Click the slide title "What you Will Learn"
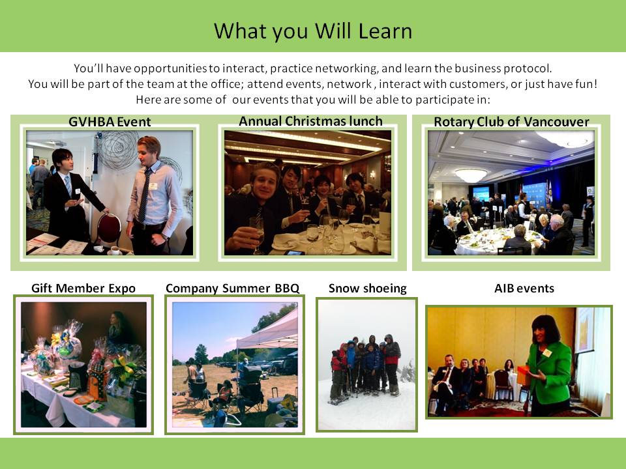coord(313,31)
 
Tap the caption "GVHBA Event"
coord(110,122)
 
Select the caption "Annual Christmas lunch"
coord(310,121)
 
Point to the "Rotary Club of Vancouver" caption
coord(511,122)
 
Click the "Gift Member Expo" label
coord(83,288)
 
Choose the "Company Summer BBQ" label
coord(232,288)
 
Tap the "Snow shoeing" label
coord(368,288)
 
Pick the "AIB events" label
coord(524,288)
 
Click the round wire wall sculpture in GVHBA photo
coord(119,150)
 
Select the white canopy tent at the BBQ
coord(268,332)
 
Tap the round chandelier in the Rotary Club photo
coord(471,175)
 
